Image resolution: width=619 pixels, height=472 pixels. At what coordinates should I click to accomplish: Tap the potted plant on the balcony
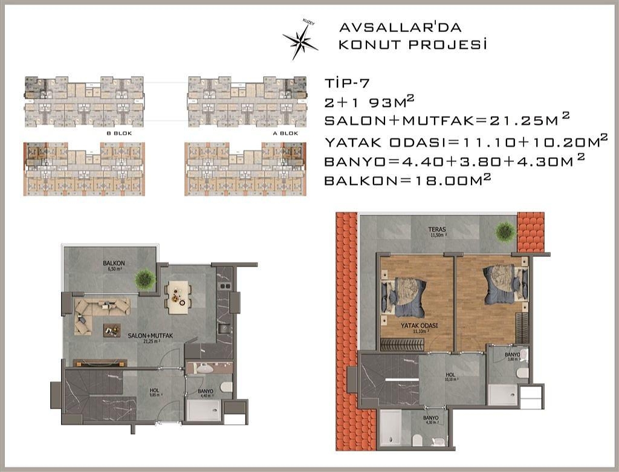point(145,279)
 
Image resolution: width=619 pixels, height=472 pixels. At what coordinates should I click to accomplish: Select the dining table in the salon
point(178,297)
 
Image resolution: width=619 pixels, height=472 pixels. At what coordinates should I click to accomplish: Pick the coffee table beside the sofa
point(111,330)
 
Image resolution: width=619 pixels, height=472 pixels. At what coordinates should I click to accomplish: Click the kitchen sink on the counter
point(224,329)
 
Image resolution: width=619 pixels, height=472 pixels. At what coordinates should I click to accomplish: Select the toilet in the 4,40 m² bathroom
point(226,387)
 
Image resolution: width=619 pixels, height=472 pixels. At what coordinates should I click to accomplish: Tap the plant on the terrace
point(504,230)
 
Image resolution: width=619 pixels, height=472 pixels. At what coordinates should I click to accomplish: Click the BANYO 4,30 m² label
point(431,419)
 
